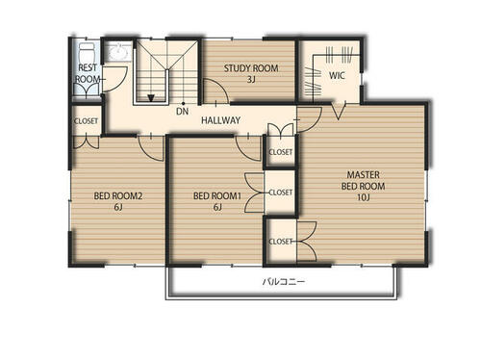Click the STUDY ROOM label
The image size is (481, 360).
tap(251, 68)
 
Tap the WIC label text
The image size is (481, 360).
tap(337, 76)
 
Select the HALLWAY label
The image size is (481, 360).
tap(220, 120)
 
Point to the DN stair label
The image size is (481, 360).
tap(182, 112)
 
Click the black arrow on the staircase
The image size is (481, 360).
tap(151, 98)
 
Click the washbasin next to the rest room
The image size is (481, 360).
tap(119, 51)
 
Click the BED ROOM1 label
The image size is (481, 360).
tap(217, 195)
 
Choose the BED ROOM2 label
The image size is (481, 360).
tap(118, 195)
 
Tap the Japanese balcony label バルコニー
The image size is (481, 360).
tap(284, 282)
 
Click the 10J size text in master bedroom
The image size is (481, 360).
tap(364, 197)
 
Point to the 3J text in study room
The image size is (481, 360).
tap(251, 79)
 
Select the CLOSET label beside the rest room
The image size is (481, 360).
tap(86, 121)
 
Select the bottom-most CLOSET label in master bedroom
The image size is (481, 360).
tap(281, 242)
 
